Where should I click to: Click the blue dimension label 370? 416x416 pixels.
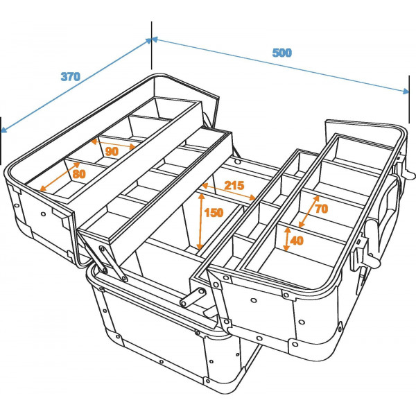(70, 77)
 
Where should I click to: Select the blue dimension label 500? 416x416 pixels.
(281, 53)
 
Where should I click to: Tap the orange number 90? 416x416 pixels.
(112, 150)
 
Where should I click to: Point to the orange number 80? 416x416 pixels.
(79, 174)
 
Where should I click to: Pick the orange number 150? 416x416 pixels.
(214, 213)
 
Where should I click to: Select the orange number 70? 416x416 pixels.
(320, 208)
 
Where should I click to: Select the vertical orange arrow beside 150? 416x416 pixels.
(200, 222)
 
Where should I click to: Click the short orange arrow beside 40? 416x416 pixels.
(286, 239)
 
